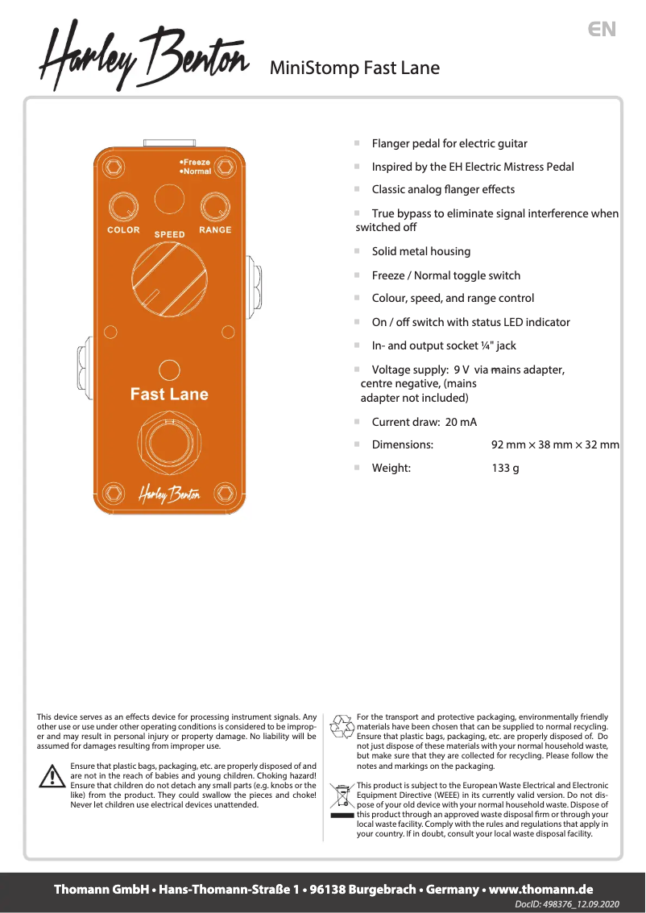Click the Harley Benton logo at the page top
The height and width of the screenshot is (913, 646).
pyautogui.click(x=145, y=54)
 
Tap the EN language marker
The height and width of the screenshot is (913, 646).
pyautogui.click(x=602, y=30)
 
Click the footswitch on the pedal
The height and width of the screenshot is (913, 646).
pyautogui.click(x=169, y=443)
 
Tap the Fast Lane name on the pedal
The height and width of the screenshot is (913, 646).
pyautogui.click(x=169, y=395)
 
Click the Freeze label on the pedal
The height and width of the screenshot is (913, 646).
pyautogui.click(x=196, y=162)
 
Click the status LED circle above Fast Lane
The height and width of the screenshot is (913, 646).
pyautogui.click(x=169, y=370)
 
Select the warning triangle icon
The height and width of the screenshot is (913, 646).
pyautogui.click(x=52, y=776)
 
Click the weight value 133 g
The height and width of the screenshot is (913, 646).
pyautogui.click(x=505, y=468)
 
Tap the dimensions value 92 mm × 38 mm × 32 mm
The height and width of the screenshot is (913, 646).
pyautogui.click(x=555, y=444)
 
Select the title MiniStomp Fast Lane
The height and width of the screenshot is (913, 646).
pyautogui.click(x=354, y=68)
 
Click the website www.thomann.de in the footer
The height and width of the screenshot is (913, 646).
pyautogui.click(x=541, y=890)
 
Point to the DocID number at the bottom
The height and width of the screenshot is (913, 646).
pyautogui.click(x=567, y=905)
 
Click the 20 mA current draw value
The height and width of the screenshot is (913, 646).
pyautogui.click(x=461, y=422)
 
